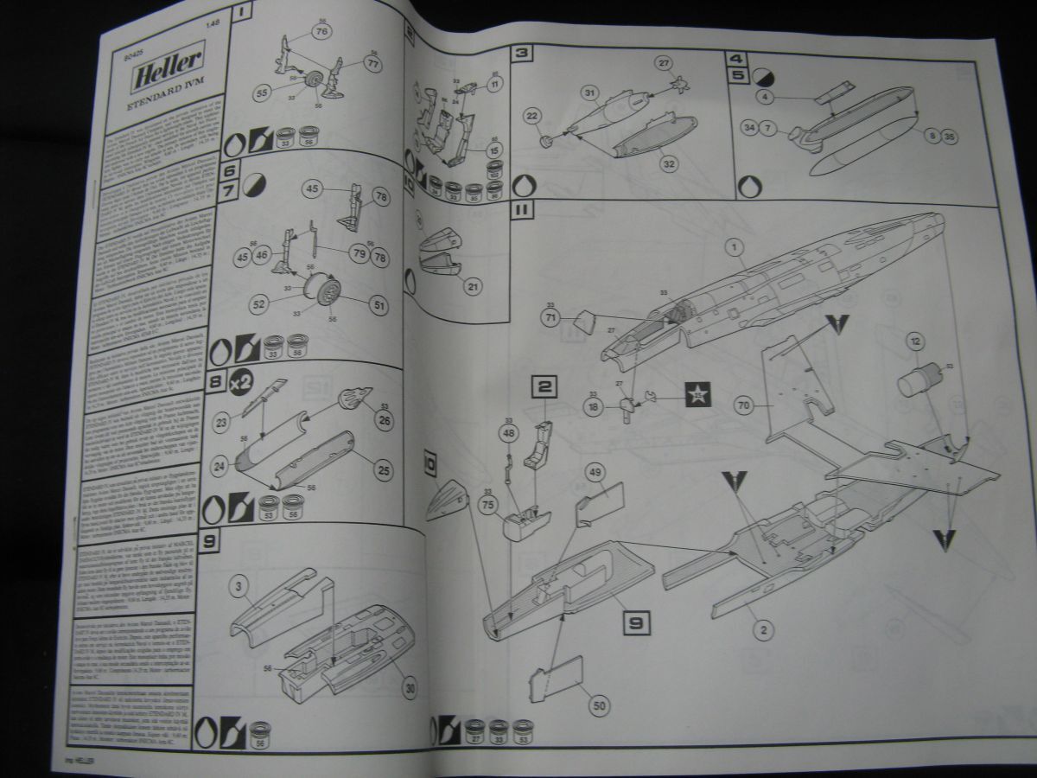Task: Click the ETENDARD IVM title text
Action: click(162, 107)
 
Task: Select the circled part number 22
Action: click(533, 117)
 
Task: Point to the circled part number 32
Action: click(669, 162)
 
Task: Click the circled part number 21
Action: click(472, 286)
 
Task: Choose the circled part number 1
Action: click(734, 249)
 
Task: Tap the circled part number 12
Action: click(914, 341)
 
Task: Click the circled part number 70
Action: click(743, 404)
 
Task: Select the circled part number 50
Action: click(599, 705)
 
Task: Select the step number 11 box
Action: click(523, 210)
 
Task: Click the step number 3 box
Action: click(521, 53)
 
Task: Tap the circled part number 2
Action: click(761, 630)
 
